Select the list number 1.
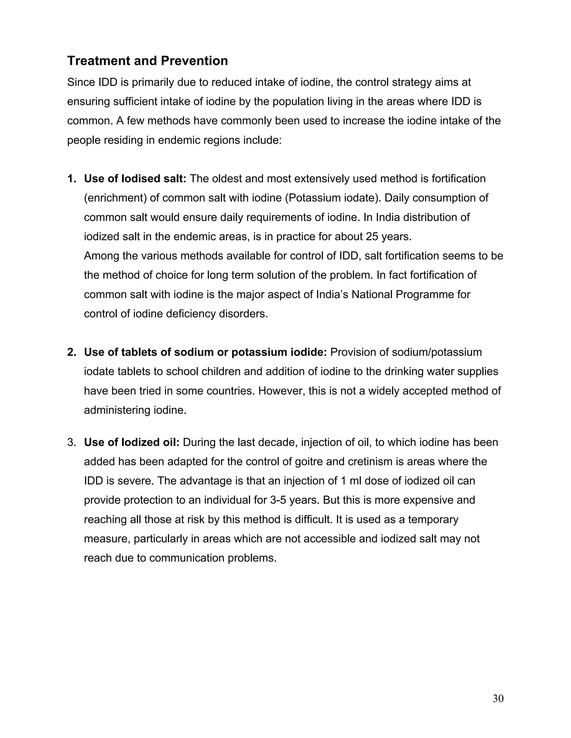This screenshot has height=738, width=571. point(71,179)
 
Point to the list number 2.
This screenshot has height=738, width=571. point(71,352)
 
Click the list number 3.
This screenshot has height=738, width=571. point(71,442)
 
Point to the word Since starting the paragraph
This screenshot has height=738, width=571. point(81,82)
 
